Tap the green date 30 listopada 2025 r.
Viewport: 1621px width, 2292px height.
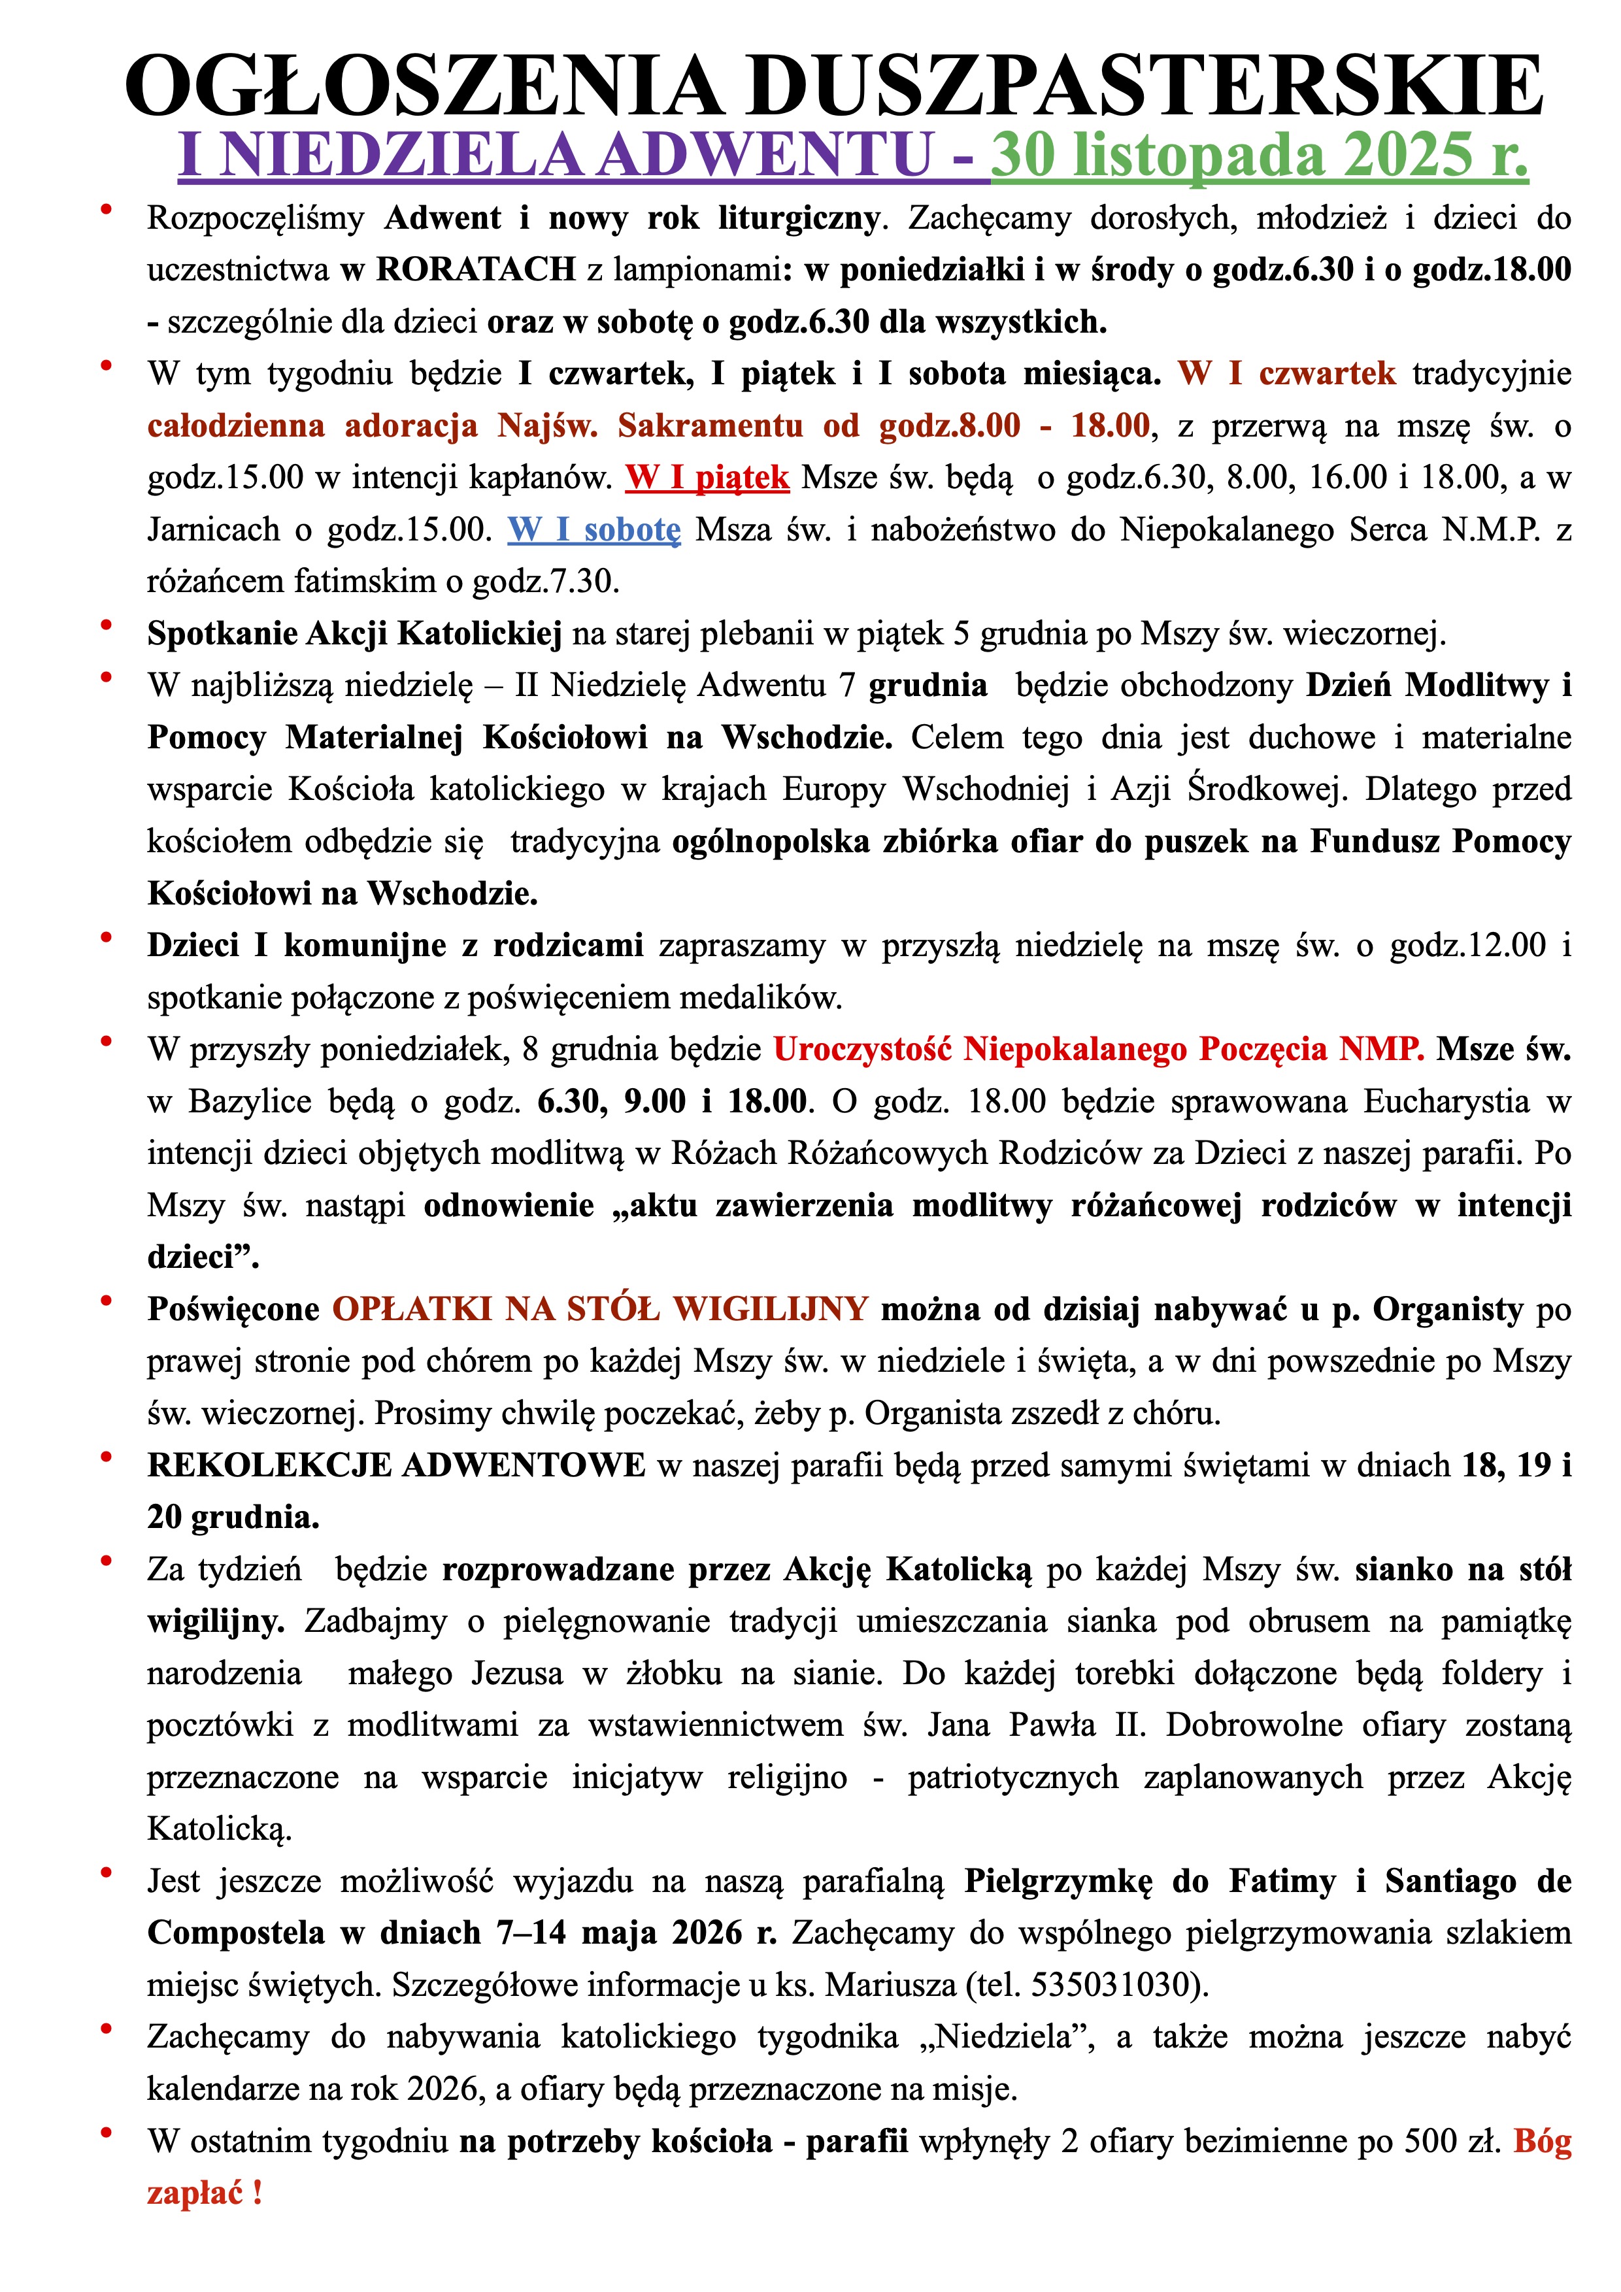pos(1260,155)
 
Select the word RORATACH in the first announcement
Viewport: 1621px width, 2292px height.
pos(475,269)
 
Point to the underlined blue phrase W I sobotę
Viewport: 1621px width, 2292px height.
pos(594,530)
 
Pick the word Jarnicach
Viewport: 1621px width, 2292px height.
pos(214,530)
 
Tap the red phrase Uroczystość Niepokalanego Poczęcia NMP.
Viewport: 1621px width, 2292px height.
pos(1099,1049)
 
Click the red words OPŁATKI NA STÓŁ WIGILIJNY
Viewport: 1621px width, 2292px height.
pos(600,1308)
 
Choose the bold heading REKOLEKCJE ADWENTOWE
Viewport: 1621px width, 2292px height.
pos(396,1465)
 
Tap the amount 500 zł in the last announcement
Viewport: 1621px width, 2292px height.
pos(1451,2140)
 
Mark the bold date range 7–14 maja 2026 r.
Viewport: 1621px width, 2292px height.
pos(636,1933)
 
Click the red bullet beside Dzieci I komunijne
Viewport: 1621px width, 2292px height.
pos(106,937)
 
